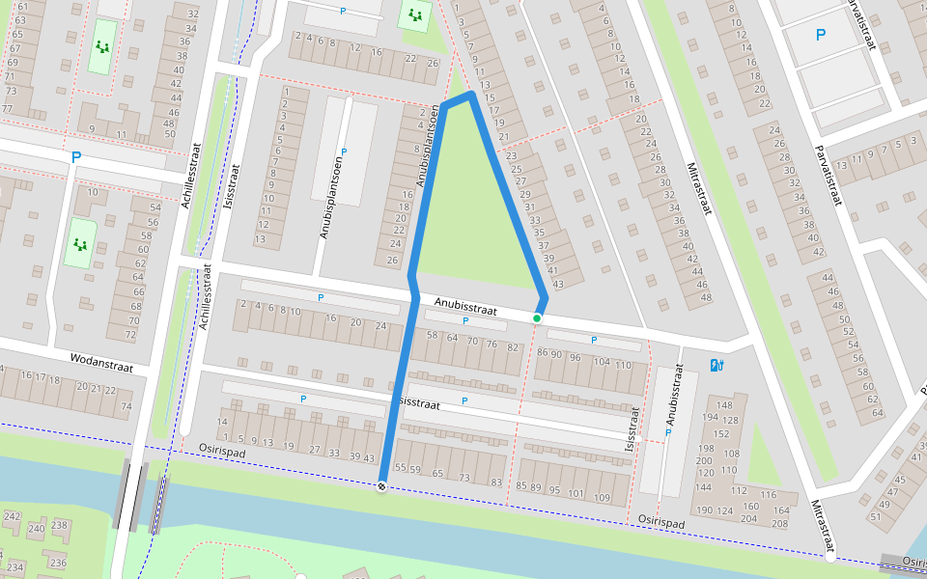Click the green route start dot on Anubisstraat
(x=537, y=317)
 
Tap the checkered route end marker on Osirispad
(x=381, y=487)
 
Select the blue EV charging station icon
(x=716, y=365)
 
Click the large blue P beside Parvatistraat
(x=821, y=36)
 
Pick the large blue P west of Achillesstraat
(x=75, y=156)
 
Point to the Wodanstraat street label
(x=99, y=362)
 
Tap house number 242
(x=12, y=517)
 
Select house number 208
(x=779, y=523)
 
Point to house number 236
(x=58, y=563)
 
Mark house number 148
(x=724, y=404)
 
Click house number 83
(x=496, y=482)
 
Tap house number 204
(x=748, y=518)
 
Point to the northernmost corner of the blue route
(x=471, y=94)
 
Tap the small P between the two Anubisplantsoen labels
(x=344, y=152)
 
